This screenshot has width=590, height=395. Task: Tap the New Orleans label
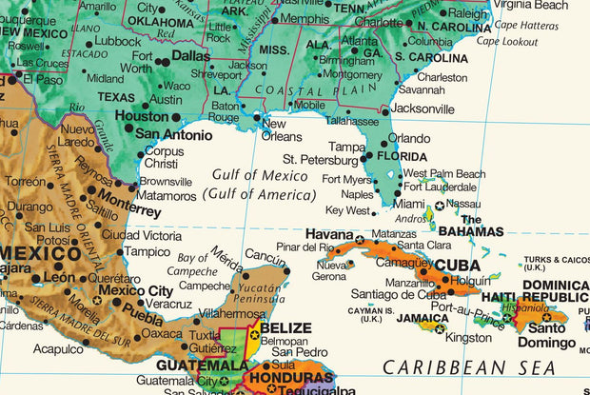tap(282, 129)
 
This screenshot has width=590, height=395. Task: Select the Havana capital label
tap(329, 234)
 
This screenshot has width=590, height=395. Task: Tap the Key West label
tap(346, 210)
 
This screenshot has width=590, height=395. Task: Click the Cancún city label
tap(265, 256)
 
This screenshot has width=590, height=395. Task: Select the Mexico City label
tap(135, 290)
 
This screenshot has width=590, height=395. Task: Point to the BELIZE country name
tap(285, 328)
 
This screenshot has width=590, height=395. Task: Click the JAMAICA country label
tap(423, 318)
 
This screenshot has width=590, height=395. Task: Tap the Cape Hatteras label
tap(526, 25)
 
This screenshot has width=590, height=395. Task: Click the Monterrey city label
tap(129, 202)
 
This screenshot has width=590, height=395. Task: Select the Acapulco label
tap(58, 349)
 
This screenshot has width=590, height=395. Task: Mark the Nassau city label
tap(462, 204)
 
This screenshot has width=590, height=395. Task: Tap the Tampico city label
tap(147, 252)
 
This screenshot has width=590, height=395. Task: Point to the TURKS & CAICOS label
tap(557, 259)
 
